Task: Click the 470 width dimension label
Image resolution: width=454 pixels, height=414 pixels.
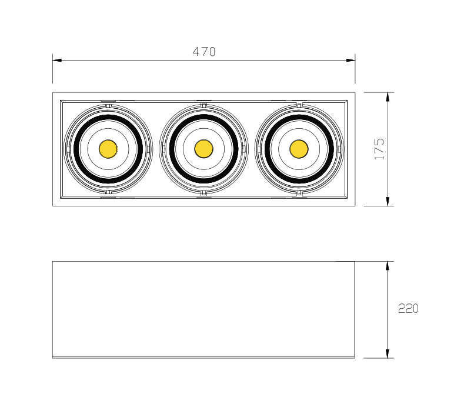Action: pyautogui.click(x=204, y=52)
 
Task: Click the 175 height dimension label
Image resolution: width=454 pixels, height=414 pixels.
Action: pyautogui.click(x=379, y=149)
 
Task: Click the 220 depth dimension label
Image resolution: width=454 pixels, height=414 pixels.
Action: pyautogui.click(x=408, y=308)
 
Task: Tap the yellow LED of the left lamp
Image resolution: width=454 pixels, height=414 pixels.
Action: pyautogui.click(x=108, y=149)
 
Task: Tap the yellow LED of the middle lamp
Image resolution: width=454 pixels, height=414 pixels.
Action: pyautogui.click(x=203, y=149)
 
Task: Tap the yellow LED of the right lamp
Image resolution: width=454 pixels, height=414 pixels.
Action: pyautogui.click(x=299, y=149)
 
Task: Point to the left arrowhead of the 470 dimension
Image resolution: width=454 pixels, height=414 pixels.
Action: pyautogui.click(x=57, y=60)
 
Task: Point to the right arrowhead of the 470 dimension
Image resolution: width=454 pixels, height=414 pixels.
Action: pyautogui.click(x=350, y=60)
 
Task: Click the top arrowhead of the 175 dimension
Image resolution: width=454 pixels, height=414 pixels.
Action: pyautogui.click(x=388, y=97)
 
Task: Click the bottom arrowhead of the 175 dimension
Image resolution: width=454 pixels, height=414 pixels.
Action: pyautogui.click(x=388, y=202)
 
